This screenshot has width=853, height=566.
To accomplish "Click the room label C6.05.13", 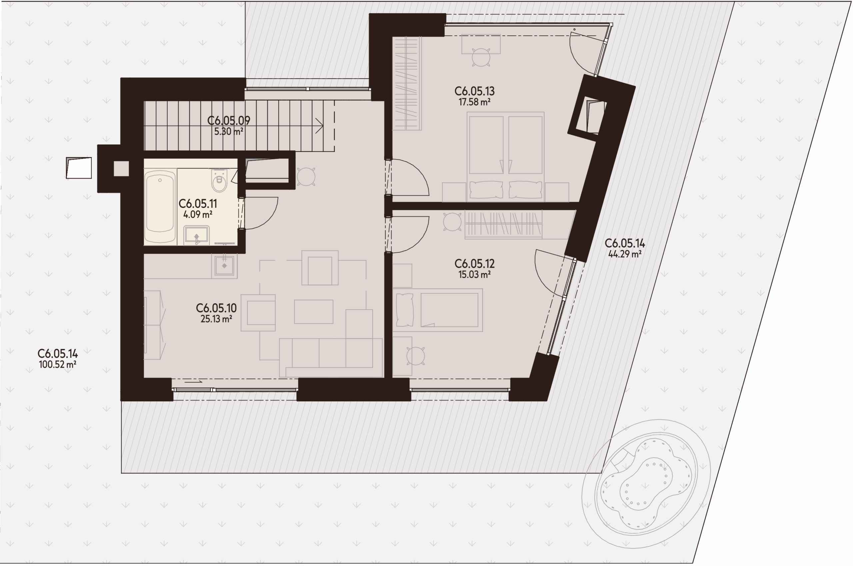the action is coord(474,91).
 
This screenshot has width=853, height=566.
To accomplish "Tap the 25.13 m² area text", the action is coord(216,319).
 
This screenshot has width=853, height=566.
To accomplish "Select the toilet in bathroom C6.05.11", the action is coord(219,180).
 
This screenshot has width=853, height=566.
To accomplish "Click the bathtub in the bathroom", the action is coord(160,206).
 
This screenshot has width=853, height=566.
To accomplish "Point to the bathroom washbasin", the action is coord(196,235).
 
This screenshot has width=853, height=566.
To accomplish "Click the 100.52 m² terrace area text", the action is coord(57,364).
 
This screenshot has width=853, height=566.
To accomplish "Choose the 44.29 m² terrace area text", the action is coord(625,254).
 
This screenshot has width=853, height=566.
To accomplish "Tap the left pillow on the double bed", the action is coord(486,190).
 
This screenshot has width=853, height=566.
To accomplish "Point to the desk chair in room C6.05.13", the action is coord(480,57).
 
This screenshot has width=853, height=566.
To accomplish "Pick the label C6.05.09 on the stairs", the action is coord(229,121).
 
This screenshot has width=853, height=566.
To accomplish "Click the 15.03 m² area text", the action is coord(474,274).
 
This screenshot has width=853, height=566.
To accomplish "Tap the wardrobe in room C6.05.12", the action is coord(503,225).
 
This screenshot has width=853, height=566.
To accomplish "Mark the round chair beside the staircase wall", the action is coord(306,177).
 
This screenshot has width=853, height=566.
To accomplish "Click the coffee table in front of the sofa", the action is coord(314,312).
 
